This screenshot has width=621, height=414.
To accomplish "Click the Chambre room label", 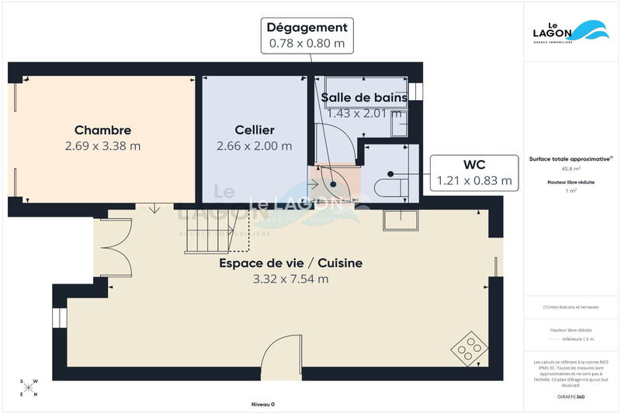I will click(x=102, y=130).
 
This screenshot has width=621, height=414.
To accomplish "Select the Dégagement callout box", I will click(x=307, y=36).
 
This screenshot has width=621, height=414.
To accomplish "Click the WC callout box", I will click(x=474, y=172).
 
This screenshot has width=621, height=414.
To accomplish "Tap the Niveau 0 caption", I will click(x=263, y=404).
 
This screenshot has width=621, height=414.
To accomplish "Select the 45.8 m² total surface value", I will click(x=571, y=169).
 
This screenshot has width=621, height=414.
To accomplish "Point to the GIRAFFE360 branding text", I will click(x=571, y=397).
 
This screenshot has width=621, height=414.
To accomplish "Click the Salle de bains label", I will click(x=363, y=97).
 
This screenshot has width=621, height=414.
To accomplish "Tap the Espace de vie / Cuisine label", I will click(x=290, y=263).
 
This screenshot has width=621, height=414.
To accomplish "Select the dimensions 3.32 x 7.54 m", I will click(x=290, y=279).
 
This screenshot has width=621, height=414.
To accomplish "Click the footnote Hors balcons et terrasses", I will click(x=571, y=307).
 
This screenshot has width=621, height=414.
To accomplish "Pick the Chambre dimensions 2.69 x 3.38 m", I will click(x=102, y=145).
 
